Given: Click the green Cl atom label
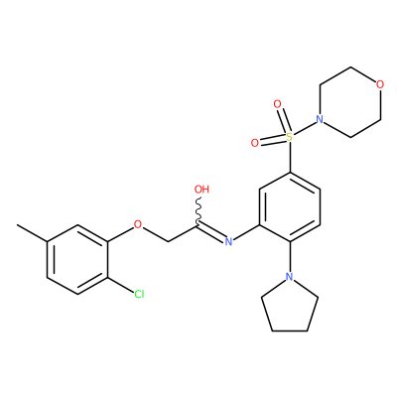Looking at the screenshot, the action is click(139, 294).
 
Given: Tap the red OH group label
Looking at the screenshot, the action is click(201, 190).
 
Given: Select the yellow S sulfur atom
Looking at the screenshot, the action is click(290, 136).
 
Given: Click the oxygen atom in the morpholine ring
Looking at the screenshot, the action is click(380, 84).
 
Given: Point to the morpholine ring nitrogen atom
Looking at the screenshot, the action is click(320, 119).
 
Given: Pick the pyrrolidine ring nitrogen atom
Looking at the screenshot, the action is click(290, 277).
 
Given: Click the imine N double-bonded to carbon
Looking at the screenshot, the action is click(228, 241).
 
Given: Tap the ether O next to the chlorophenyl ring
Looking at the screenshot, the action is click(138, 224).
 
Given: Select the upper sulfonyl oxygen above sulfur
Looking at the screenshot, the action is click(277, 104).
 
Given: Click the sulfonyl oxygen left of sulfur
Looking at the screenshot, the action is click(254, 143).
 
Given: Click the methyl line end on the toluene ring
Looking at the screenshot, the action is click(18, 225).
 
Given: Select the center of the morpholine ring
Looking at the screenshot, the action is click(349, 102).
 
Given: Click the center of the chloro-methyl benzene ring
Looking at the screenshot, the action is click(77, 260).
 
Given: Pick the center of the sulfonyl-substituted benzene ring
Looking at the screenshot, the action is click(290, 206).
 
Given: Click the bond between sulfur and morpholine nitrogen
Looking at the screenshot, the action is click(305, 128).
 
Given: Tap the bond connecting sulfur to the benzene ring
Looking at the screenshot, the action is click(290, 157).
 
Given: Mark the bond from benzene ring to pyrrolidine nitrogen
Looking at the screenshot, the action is click(290, 257).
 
